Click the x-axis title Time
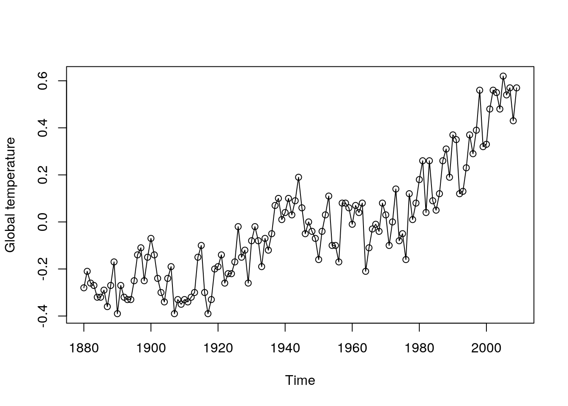point(300,381)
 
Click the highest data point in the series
point(503,76)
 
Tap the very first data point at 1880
point(84,288)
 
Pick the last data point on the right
point(516,88)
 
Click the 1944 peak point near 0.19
point(298,177)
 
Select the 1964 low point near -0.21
point(366,271)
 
